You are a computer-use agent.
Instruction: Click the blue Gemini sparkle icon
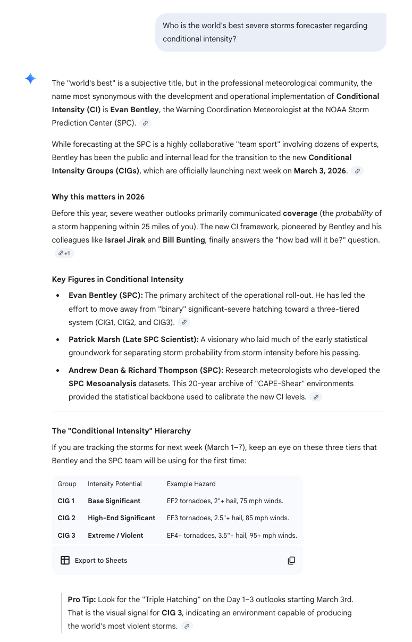click(30, 79)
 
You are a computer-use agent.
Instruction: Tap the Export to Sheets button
click(94, 560)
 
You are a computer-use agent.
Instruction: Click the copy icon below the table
click(291, 560)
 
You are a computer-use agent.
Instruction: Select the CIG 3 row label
click(66, 535)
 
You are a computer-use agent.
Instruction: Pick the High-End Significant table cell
click(121, 518)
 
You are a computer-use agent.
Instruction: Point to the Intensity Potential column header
click(114, 483)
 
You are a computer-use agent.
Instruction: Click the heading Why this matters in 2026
click(98, 197)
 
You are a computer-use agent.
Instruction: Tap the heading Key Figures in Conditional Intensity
click(117, 279)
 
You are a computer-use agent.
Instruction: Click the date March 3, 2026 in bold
click(320, 171)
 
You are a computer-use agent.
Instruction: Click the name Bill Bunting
click(183, 240)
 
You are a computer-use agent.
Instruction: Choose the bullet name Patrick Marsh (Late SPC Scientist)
click(133, 339)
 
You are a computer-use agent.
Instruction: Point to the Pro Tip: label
click(81, 599)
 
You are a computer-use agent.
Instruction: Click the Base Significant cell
click(114, 501)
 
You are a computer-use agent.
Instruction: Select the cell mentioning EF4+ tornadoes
click(231, 535)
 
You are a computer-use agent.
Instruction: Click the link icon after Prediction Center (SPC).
click(145, 123)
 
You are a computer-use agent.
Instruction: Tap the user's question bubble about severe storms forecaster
click(271, 32)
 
